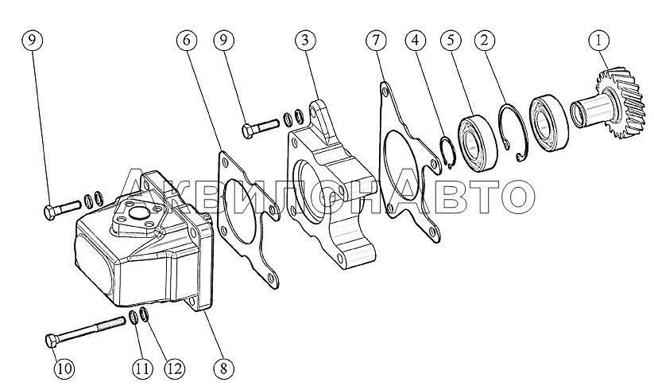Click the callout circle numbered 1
599,40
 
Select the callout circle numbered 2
484,40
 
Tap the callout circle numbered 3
305,40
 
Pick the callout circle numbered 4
415,40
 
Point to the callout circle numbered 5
451,40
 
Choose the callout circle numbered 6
187,40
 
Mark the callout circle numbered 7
376,40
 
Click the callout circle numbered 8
223,369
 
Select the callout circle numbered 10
64,369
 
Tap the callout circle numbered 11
141,369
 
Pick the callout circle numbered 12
174,369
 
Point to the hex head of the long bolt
51,341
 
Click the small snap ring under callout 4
449,153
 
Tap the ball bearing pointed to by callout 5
478,142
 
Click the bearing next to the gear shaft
548,123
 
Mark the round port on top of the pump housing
137,214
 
